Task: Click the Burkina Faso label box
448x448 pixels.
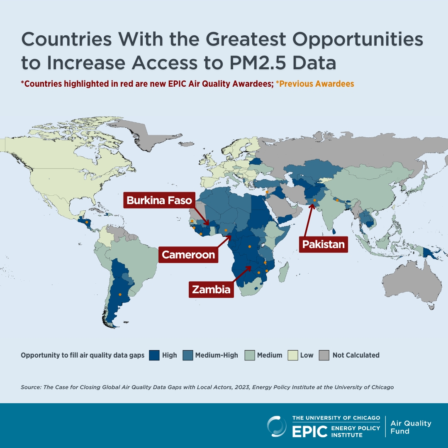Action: click(x=159, y=201)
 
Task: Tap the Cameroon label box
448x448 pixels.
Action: click(x=188, y=254)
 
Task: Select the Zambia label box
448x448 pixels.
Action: click(x=211, y=289)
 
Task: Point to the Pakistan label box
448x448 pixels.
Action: click(x=323, y=244)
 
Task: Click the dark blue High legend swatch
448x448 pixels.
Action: click(x=154, y=355)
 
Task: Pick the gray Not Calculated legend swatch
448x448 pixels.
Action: click(x=324, y=355)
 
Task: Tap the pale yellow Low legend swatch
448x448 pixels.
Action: click(x=293, y=355)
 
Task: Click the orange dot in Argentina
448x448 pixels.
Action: click(x=120, y=295)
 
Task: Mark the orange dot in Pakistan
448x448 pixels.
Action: click(x=314, y=200)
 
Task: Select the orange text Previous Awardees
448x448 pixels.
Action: click(x=315, y=84)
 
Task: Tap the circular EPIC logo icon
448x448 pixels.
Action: click(x=277, y=426)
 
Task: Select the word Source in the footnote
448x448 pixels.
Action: click(x=30, y=387)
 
